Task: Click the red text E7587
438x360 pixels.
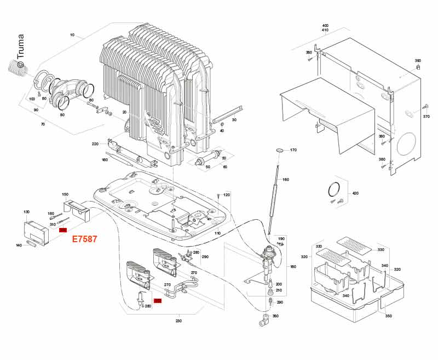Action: pyautogui.click(x=85, y=239)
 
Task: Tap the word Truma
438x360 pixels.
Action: pyautogui.click(x=21, y=47)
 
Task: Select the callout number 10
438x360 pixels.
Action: pyautogui.click(x=72, y=35)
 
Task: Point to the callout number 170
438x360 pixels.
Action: pyautogui.click(x=293, y=150)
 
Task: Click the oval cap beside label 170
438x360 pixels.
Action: pyautogui.click(x=279, y=149)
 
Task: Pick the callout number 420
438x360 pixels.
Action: pyautogui.click(x=355, y=194)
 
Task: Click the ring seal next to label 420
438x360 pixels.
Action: pyautogui.click(x=332, y=189)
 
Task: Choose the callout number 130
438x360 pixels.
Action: pyautogui.click(x=26, y=212)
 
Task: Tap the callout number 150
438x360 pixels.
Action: pyautogui.click(x=65, y=195)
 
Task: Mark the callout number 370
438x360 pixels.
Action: pyautogui.click(x=427, y=117)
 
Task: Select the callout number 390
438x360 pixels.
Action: pyautogui.click(x=418, y=61)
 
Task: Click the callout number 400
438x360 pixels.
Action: pyautogui.click(x=325, y=26)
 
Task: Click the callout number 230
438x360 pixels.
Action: pyautogui.click(x=178, y=321)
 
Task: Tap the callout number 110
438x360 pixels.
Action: pyautogui.click(x=217, y=233)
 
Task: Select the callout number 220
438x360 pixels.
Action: pyautogui.click(x=95, y=144)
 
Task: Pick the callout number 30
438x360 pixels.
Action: pyautogui.click(x=234, y=119)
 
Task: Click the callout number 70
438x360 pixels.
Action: pyautogui.click(x=43, y=124)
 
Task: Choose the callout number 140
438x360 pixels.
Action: pyautogui.click(x=19, y=245)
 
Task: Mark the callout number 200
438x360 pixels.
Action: pyautogui.click(x=279, y=284)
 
